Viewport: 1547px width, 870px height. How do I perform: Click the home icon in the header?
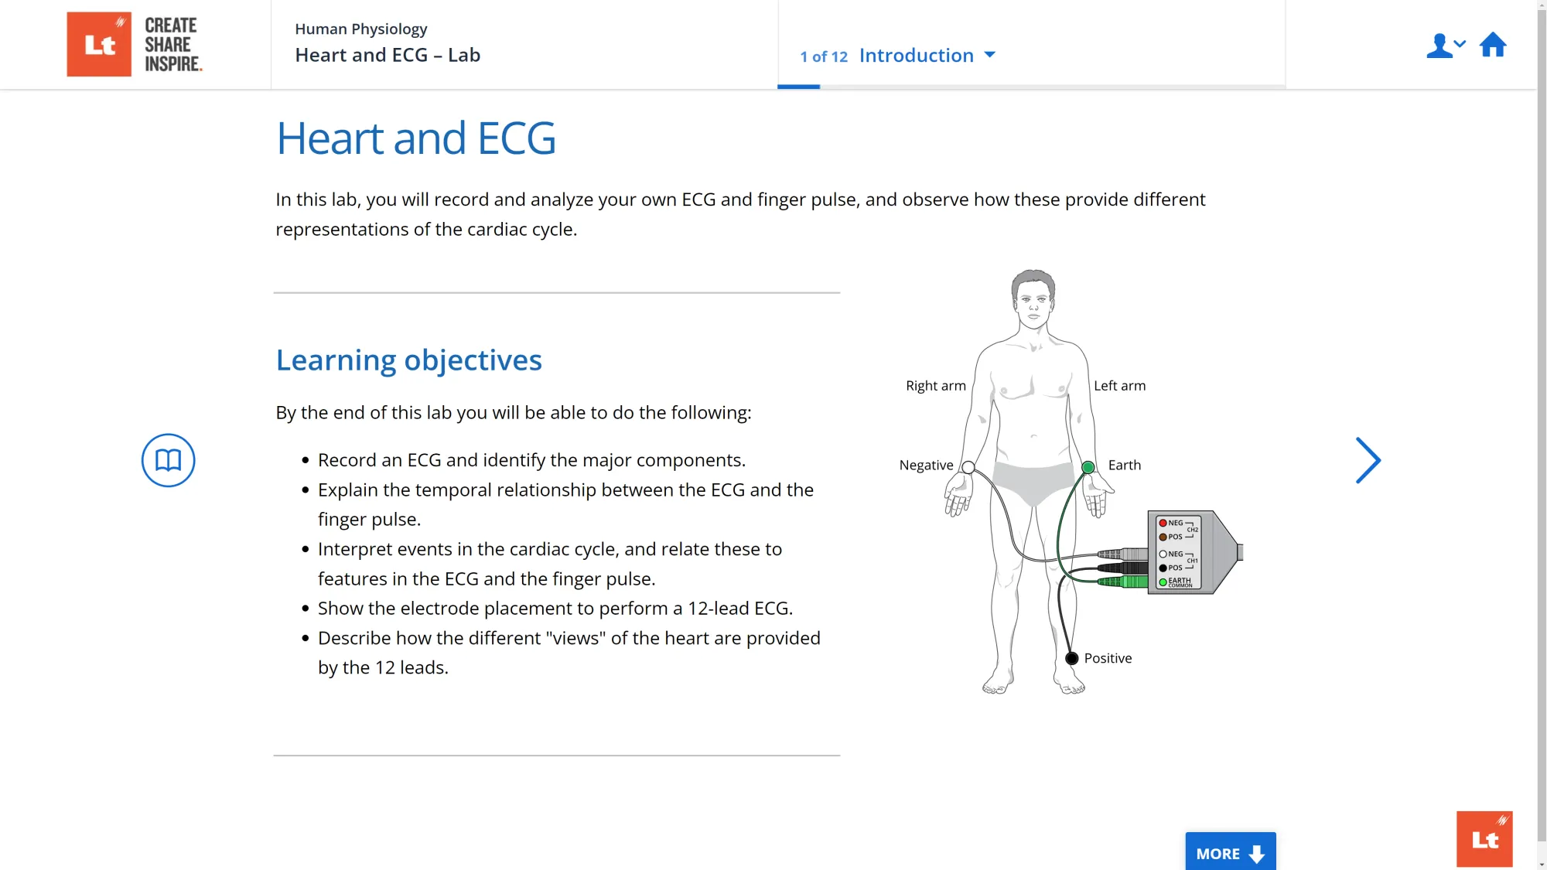(1492, 46)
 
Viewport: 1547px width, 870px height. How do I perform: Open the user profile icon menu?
(1444, 46)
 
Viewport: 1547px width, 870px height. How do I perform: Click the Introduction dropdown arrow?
(989, 55)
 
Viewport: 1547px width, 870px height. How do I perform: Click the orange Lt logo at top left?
(99, 44)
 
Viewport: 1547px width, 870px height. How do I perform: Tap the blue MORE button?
(1230, 852)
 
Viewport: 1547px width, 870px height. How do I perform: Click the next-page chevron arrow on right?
(1368, 461)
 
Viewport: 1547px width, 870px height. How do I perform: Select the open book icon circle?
(168, 460)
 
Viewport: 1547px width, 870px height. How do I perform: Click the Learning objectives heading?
(408, 360)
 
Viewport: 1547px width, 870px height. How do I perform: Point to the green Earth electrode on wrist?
(1088, 467)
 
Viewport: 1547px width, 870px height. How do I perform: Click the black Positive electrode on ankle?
(1071, 659)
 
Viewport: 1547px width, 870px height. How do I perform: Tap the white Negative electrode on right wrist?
(968, 467)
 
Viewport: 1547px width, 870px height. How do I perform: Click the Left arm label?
(1119, 386)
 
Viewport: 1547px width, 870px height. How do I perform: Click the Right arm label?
(935, 386)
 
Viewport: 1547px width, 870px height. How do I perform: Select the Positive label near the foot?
(1107, 658)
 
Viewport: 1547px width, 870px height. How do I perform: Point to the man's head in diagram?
(1033, 298)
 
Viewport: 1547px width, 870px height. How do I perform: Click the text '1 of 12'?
(824, 56)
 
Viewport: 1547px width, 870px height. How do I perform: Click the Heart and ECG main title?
(416, 138)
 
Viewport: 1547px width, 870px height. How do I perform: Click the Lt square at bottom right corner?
(1484, 839)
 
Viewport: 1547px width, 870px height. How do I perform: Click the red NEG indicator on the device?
(1163, 524)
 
